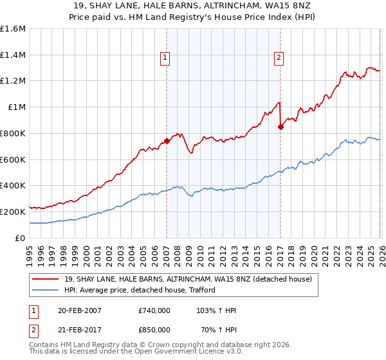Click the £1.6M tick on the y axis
(13, 29)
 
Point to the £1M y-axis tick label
(17, 107)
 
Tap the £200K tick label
(13, 212)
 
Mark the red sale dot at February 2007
(167, 141)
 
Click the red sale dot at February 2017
(280, 127)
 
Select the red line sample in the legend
(47, 279)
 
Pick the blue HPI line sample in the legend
(47, 290)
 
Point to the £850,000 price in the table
(154, 329)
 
